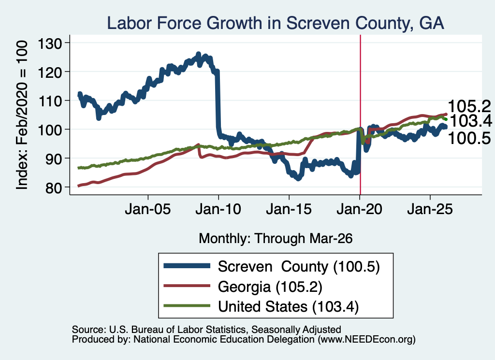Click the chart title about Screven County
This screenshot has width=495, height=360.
click(276, 23)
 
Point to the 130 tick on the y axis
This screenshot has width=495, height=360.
click(50, 43)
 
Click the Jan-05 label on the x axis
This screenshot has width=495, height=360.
click(148, 210)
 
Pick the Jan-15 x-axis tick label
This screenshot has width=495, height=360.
click(289, 210)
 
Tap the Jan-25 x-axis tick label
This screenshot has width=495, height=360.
click(430, 210)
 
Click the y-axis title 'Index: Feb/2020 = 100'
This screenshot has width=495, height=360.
click(22, 115)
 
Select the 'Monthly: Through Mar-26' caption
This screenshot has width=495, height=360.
click(276, 239)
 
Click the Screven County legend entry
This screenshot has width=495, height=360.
click(299, 267)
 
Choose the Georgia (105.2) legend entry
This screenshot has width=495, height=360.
click(270, 287)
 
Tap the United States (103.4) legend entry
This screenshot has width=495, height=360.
click(288, 307)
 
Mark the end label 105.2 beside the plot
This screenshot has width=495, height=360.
click(469, 106)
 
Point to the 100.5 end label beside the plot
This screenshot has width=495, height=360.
click(469, 138)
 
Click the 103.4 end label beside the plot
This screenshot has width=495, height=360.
click(470, 121)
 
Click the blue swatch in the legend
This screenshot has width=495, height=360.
click(187, 266)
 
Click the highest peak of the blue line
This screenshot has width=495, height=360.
click(198, 54)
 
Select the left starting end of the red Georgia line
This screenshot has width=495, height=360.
click(79, 186)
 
